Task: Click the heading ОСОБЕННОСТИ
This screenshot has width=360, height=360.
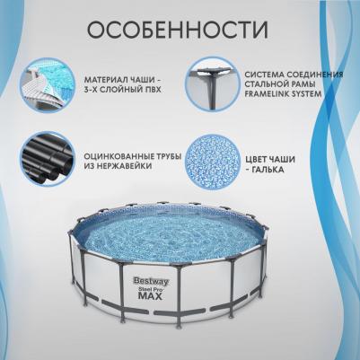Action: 178,30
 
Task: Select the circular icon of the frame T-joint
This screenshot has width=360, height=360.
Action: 213,84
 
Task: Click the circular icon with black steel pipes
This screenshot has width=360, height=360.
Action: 48,158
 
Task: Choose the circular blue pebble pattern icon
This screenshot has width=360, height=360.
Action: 213,162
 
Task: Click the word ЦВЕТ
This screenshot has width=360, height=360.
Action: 257,160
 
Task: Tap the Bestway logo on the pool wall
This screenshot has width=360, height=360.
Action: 151,281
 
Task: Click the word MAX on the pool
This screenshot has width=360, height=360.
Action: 150,296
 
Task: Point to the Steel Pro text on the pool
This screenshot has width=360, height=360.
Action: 152,288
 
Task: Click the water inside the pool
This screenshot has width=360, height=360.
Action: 171,236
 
